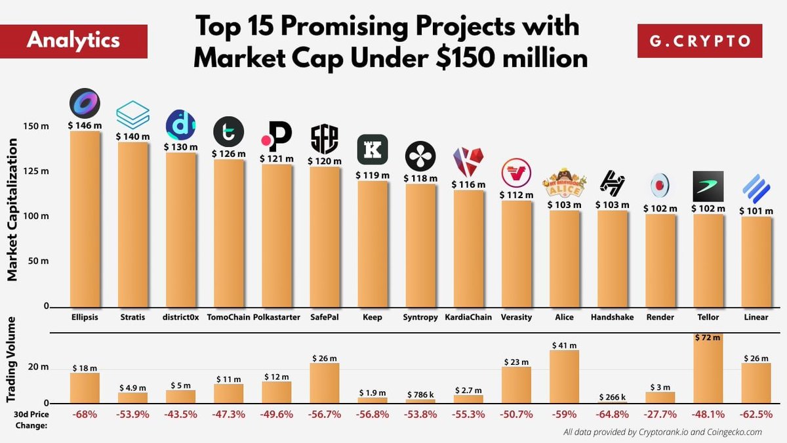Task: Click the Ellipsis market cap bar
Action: click(x=85, y=219)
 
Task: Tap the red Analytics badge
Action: click(x=73, y=40)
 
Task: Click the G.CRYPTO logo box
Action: click(x=700, y=41)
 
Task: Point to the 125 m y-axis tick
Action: click(x=37, y=171)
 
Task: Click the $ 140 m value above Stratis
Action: click(x=132, y=136)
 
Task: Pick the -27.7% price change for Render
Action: click(x=660, y=415)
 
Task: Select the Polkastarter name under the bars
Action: click(x=276, y=317)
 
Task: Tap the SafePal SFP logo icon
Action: click(x=324, y=138)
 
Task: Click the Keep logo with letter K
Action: click(x=372, y=150)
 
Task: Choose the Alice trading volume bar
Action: click(x=564, y=377)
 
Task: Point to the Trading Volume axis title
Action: click(x=12, y=367)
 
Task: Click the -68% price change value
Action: click(x=85, y=415)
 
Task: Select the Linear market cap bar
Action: click(x=756, y=262)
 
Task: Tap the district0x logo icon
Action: click(x=180, y=125)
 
